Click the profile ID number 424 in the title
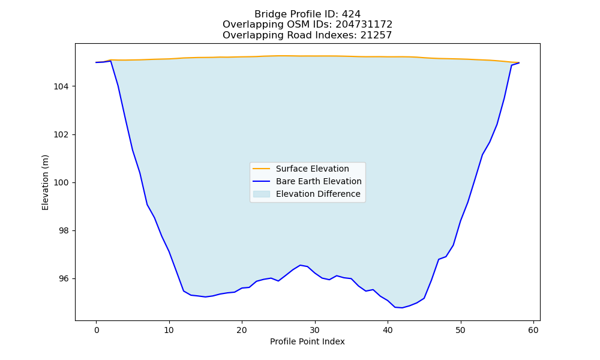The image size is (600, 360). tap(351, 14)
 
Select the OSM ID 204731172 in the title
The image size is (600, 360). tap(364, 25)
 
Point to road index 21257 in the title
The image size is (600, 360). tap(376, 35)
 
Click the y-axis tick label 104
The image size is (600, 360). tap(61, 87)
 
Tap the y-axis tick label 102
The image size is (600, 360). tap(61, 134)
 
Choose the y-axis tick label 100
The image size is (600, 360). tap(61, 183)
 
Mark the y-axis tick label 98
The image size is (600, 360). tap(64, 231)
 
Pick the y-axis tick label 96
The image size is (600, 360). tap(64, 279)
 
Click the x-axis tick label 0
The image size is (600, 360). tap(97, 330)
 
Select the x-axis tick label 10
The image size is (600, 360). tap(169, 330)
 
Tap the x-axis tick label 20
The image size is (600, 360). tap(242, 330)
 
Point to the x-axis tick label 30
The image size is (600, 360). tap(315, 330)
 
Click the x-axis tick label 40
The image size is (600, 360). tap(388, 330)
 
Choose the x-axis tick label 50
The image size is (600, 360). tap(461, 330)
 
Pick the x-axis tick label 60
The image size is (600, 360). tap(533, 330)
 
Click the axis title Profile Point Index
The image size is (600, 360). tap(307, 341)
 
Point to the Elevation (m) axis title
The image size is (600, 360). tap(45, 182)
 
